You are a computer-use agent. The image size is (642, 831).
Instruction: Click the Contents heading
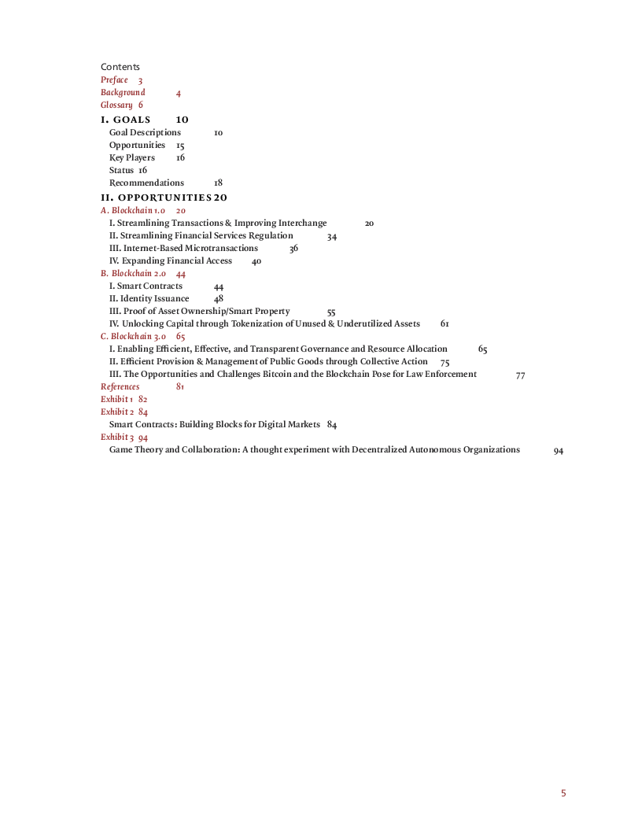click(x=120, y=67)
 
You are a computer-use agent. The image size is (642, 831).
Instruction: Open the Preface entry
click(x=114, y=79)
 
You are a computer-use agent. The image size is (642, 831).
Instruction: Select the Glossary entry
click(x=116, y=105)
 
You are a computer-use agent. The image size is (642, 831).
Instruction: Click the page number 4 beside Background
click(x=179, y=94)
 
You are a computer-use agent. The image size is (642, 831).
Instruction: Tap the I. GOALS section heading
click(x=126, y=120)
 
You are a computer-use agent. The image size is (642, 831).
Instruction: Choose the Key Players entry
click(x=132, y=157)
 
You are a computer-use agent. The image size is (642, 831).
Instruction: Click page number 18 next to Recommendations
click(x=218, y=183)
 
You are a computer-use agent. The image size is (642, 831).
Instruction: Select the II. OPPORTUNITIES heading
click(x=157, y=198)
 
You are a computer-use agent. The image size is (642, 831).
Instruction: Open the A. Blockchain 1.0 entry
click(x=133, y=210)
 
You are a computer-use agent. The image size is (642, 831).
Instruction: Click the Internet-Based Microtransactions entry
click(x=183, y=248)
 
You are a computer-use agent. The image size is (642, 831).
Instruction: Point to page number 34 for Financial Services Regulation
click(x=332, y=236)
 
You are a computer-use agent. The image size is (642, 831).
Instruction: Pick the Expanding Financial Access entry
click(x=171, y=260)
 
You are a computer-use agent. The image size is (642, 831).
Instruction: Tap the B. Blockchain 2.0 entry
click(x=133, y=274)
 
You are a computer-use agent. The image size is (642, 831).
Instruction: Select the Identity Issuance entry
click(x=149, y=298)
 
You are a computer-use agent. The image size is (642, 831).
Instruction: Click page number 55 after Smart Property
click(x=331, y=312)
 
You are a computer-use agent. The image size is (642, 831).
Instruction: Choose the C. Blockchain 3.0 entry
click(x=133, y=337)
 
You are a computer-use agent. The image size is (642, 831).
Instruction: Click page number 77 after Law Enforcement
click(x=521, y=375)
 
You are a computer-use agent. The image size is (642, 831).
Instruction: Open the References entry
click(x=120, y=387)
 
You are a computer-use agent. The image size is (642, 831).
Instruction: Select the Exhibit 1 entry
click(x=117, y=399)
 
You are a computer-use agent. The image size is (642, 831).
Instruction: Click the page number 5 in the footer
click(x=563, y=793)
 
